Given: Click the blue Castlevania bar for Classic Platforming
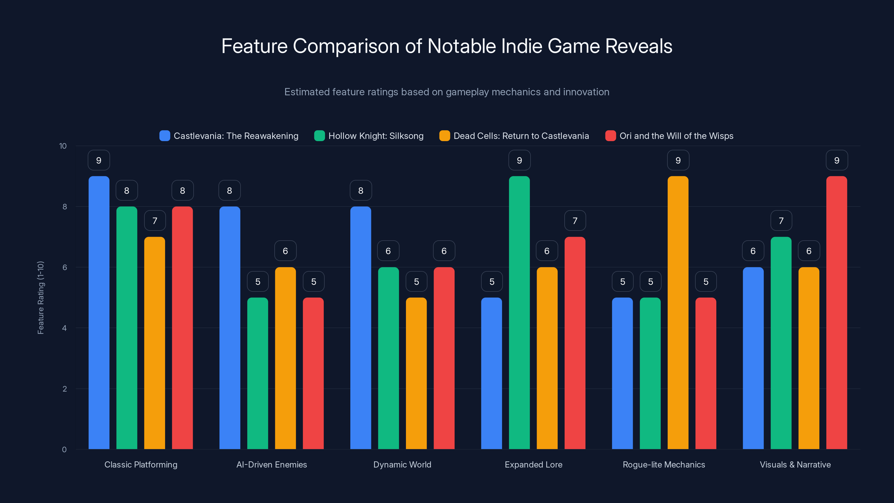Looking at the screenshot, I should (99, 312).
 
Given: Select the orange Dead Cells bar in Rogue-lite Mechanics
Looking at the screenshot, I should (678, 312).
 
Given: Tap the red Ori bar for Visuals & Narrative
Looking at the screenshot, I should (836, 312).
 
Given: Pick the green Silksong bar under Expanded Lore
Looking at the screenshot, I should (519, 312).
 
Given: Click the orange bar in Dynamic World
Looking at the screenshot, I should (416, 373).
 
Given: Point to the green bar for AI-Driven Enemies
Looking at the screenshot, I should (258, 373).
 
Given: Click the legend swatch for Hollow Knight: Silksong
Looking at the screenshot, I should (319, 136).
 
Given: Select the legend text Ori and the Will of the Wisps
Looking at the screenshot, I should (676, 136).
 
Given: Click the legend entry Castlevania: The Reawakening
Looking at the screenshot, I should (236, 136).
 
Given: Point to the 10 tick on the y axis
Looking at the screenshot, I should (63, 146).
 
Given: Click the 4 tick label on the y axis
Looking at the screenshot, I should (64, 328).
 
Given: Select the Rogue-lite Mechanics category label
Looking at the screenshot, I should (664, 464).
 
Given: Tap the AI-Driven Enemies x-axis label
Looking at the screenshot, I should (271, 464).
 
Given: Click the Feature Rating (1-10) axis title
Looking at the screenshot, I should (41, 298).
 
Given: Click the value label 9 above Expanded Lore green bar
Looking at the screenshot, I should (519, 160).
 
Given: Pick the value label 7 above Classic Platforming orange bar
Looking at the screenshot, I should (155, 221).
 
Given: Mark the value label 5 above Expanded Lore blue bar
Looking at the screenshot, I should (492, 281).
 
